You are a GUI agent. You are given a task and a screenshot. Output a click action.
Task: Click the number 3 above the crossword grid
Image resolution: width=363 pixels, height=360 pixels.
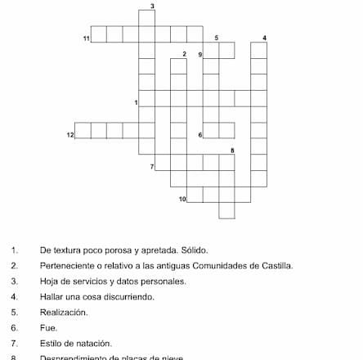(153, 6)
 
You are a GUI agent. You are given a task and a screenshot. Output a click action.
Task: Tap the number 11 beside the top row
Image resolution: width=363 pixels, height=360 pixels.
(86, 38)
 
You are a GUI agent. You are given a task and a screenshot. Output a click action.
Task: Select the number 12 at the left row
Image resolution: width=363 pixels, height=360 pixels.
(70, 134)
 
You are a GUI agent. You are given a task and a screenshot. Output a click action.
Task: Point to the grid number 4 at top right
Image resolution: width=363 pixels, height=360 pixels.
(264, 38)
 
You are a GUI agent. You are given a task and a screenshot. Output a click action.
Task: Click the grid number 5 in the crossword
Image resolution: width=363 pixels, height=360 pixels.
(216, 38)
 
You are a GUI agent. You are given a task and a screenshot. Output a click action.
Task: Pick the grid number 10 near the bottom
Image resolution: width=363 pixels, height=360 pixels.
(182, 198)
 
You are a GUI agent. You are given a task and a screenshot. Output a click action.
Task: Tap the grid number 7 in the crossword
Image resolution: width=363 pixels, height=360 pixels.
(152, 166)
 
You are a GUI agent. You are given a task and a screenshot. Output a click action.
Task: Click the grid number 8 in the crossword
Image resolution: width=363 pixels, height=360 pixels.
(232, 151)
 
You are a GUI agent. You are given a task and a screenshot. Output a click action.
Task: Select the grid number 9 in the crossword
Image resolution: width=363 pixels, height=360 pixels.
(200, 54)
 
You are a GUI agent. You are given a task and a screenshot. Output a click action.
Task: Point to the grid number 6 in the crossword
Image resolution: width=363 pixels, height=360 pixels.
(200, 134)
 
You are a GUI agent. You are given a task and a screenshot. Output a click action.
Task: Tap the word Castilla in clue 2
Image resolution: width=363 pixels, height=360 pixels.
(276, 266)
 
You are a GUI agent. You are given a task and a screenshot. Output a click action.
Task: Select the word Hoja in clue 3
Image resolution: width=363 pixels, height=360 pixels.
(48, 281)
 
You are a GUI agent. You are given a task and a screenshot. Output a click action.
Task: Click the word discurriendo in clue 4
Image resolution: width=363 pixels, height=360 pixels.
(131, 297)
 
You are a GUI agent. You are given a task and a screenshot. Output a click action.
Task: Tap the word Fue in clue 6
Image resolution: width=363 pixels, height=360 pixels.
(47, 328)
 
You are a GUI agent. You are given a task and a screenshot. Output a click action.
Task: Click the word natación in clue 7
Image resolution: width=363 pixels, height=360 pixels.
(96, 344)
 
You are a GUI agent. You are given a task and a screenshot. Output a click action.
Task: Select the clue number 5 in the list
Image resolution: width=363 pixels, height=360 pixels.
(15, 313)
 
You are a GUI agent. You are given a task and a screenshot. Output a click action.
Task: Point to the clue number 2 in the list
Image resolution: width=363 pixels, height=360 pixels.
(15, 266)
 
